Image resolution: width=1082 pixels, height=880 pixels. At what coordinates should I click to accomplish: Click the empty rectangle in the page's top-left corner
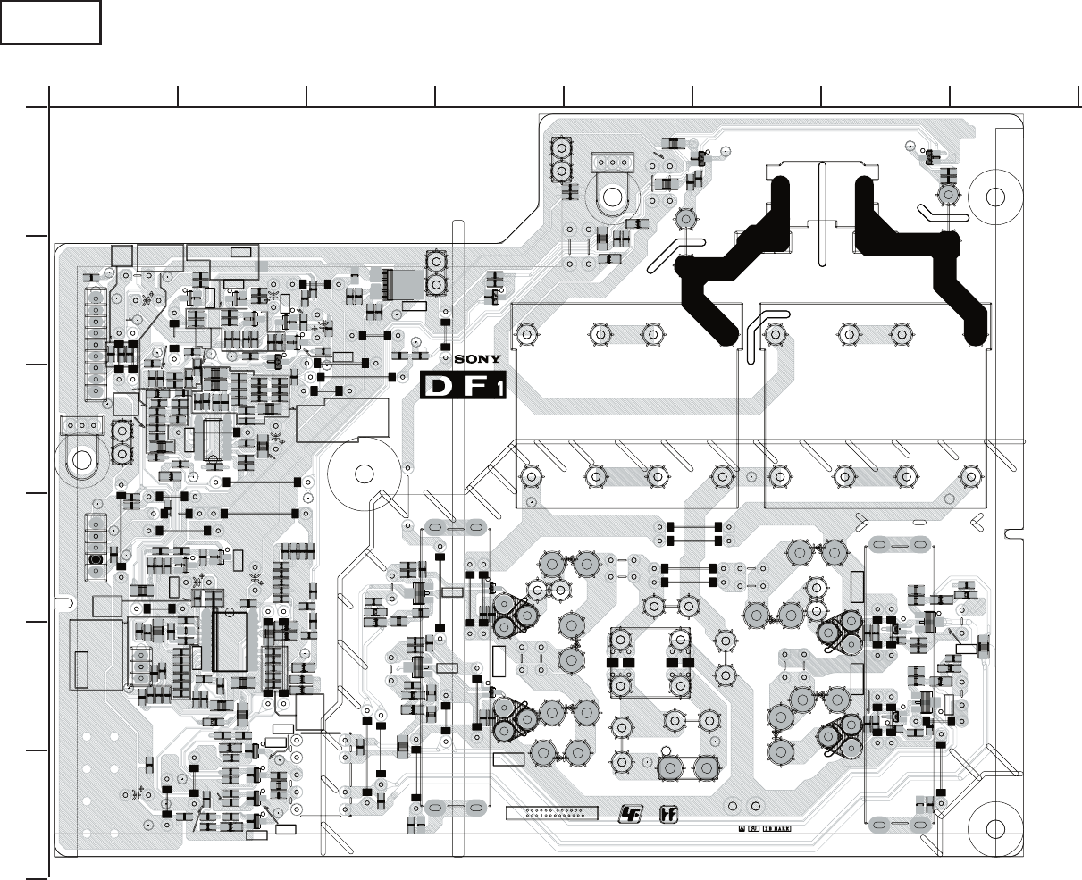[51, 22]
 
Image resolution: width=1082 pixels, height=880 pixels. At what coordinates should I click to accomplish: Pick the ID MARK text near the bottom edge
[776, 828]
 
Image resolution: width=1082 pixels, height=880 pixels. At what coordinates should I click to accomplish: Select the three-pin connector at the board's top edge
[610, 163]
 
